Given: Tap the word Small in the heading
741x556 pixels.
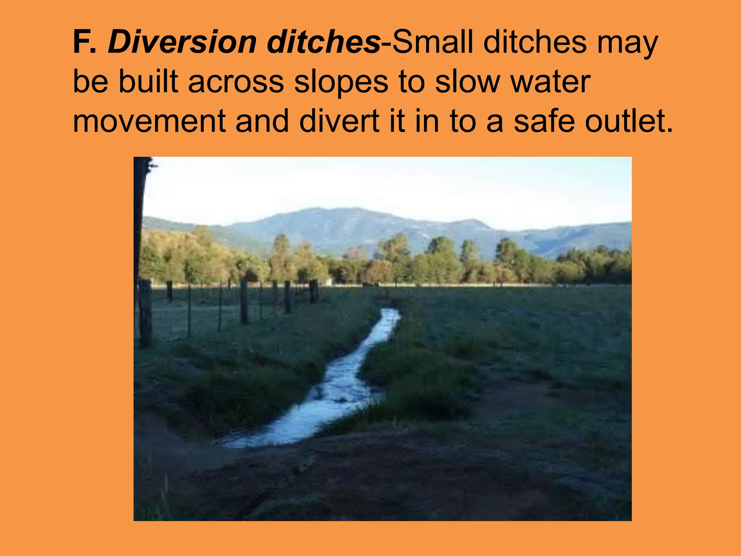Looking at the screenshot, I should click(x=433, y=43).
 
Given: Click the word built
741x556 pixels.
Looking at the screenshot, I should click(x=149, y=82).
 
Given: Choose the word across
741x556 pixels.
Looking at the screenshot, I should click(x=236, y=82).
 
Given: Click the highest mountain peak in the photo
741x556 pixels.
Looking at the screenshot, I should click(x=347, y=210).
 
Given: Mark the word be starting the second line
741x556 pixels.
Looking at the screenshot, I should click(x=90, y=82).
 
